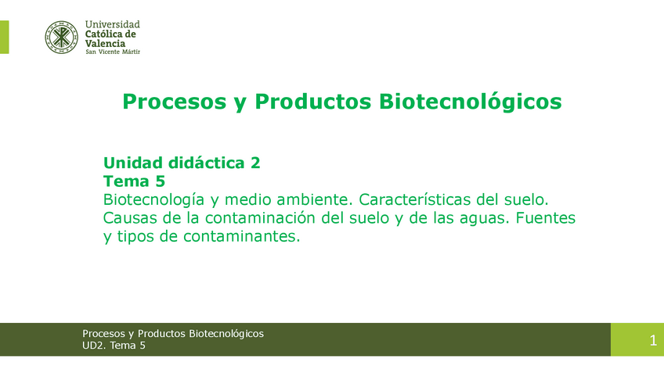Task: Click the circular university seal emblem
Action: (61, 38)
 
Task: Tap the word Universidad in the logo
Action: (112, 24)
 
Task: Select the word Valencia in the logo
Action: (105, 44)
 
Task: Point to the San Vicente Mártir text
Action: (113, 52)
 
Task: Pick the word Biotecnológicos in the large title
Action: (470, 102)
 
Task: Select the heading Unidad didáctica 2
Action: (182, 163)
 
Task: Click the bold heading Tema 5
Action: (134, 181)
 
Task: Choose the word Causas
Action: (128, 218)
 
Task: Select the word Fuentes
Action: (546, 218)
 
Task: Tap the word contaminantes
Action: (241, 236)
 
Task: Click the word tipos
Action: (135, 237)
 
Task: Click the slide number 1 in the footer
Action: (653, 340)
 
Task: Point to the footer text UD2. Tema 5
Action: (114, 346)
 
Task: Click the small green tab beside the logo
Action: (4, 38)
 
